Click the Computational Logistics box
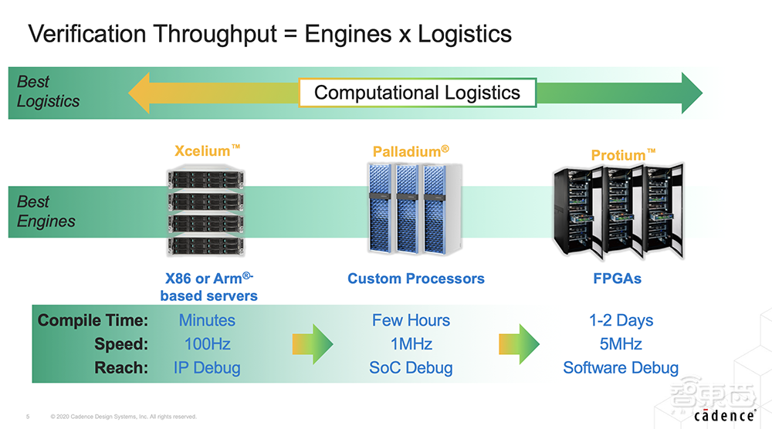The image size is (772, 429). [418, 93]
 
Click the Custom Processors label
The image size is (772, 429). [416, 279]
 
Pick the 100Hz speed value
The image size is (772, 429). [207, 344]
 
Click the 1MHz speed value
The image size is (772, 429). [411, 344]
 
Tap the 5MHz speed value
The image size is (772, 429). [620, 344]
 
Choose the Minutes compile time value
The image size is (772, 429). [207, 320]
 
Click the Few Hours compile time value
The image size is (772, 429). [411, 320]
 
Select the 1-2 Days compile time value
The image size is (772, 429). [620, 320]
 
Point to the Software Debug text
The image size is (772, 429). [620, 368]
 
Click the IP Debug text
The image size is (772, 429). [207, 368]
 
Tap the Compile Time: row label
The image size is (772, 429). [93, 320]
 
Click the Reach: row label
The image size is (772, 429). [120, 368]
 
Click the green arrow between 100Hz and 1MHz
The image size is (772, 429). [312, 344]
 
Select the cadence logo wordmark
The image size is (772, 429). [724, 415]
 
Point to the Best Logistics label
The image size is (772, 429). [48, 92]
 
